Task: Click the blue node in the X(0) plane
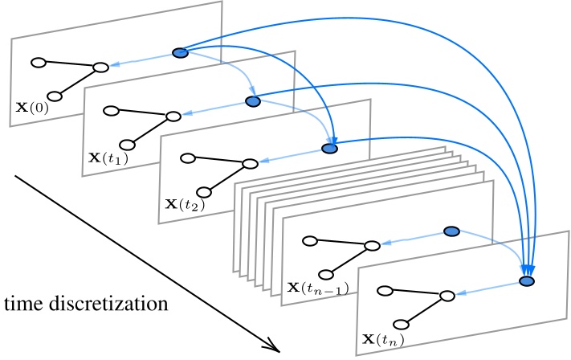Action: [180, 53]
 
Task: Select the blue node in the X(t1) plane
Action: [253, 101]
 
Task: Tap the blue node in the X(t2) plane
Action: [329, 149]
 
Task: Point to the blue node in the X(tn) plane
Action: [527, 281]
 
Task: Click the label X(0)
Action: [31, 106]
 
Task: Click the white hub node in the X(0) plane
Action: [100, 67]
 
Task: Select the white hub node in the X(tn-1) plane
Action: [372, 245]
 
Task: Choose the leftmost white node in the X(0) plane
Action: [37, 61]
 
